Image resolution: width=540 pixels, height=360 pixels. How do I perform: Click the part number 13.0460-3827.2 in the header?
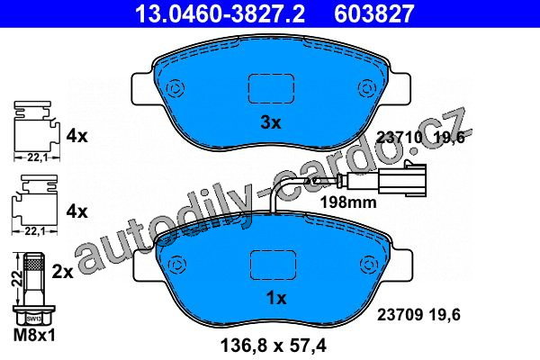[x=220, y=13]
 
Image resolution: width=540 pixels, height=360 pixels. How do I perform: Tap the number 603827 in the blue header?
[x=373, y=13]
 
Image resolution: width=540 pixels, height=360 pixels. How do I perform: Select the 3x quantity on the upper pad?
[x=271, y=122]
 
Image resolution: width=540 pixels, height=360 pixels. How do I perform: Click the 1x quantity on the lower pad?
[x=276, y=298]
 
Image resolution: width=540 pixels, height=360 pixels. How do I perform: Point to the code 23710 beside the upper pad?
[x=399, y=138]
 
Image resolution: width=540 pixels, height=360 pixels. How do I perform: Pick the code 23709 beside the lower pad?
[x=400, y=314]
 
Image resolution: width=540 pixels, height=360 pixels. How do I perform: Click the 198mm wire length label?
[x=348, y=202]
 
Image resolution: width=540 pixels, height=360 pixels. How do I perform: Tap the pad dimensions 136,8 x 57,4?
[x=273, y=346]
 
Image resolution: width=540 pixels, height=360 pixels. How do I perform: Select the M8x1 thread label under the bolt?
[x=34, y=335]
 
